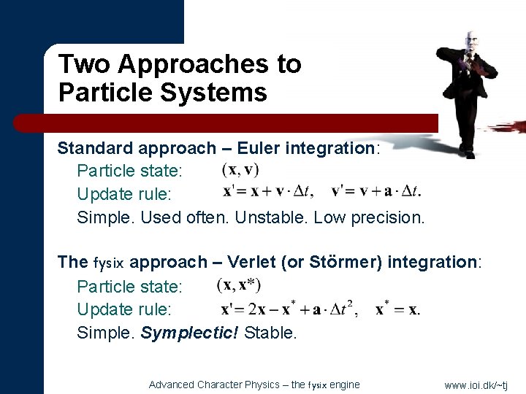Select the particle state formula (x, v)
(x=240, y=169)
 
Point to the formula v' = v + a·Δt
(x=376, y=193)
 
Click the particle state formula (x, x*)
(x=239, y=285)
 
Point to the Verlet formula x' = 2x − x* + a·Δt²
(x=288, y=309)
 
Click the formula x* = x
(x=397, y=309)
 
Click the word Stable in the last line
(x=270, y=333)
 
